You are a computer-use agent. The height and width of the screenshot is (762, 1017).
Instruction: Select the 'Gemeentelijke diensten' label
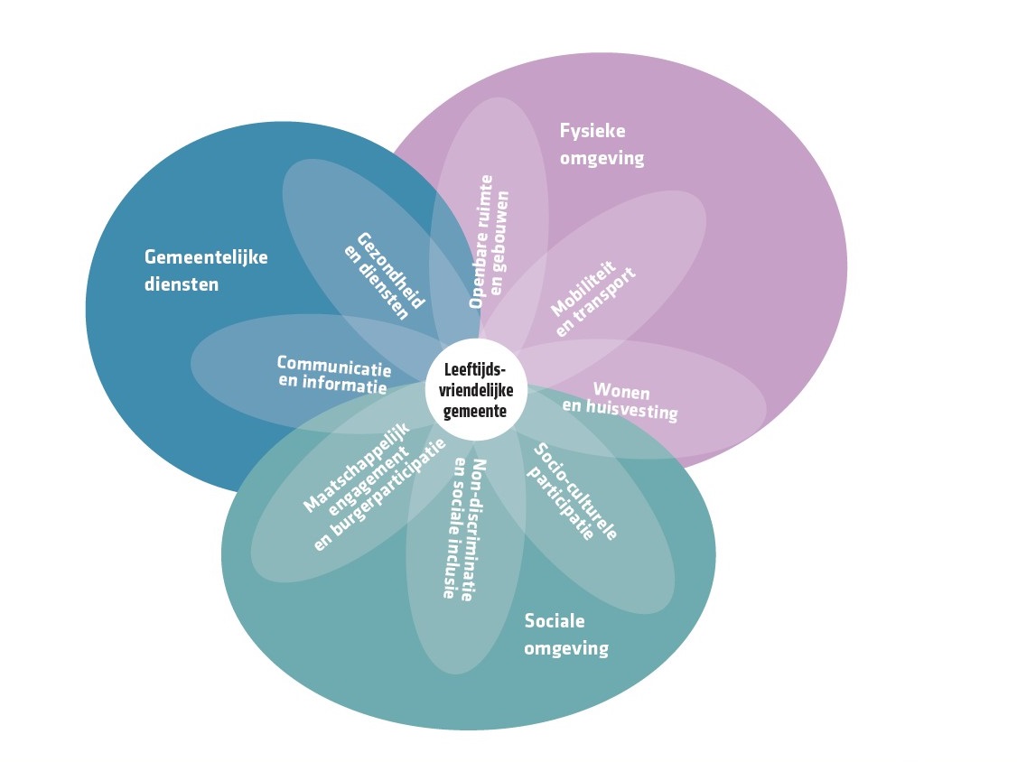[x=206, y=270]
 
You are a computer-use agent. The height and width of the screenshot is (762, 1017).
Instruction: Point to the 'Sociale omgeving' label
[x=566, y=635]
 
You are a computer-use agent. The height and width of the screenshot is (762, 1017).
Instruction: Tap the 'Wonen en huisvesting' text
[x=620, y=402]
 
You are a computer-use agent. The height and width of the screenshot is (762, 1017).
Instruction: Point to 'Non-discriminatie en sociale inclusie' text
[x=463, y=529]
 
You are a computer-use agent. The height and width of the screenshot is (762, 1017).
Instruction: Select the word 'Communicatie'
[x=334, y=367]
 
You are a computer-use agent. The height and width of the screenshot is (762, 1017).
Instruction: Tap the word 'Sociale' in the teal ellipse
[x=555, y=621]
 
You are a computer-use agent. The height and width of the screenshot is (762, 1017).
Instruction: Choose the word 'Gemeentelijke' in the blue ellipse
[x=206, y=257]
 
